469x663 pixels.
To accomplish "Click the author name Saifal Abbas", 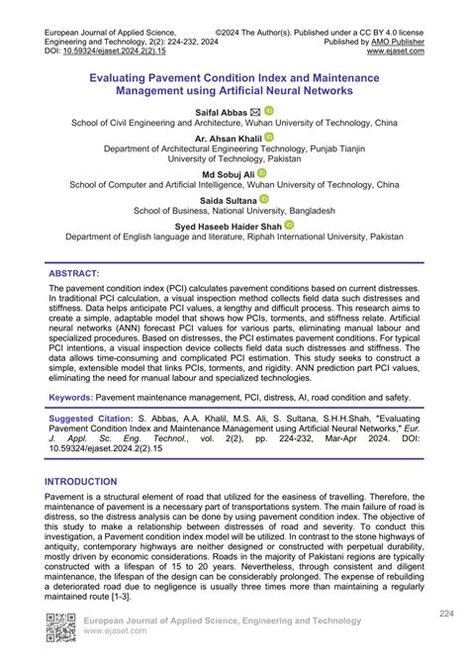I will click(224, 113).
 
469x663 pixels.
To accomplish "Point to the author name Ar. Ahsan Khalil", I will click(226, 140).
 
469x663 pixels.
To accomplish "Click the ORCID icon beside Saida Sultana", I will click(270, 199).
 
